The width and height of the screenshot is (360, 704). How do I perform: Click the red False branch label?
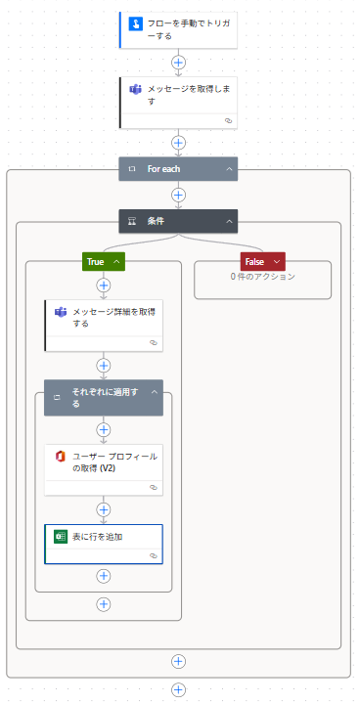click(x=254, y=261)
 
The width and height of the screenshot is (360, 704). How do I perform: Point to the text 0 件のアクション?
click(x=262, y=277)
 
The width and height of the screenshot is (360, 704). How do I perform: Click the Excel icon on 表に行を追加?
click(x=60, y=537)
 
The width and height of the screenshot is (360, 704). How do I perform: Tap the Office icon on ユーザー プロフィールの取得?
click(x=60, y=457)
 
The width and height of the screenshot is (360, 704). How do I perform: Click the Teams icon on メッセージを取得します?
click(x=135, y=89)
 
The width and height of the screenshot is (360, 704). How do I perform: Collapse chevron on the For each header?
click(x=229, y=169)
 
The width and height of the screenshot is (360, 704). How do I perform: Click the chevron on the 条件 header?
click(x=229, y=221)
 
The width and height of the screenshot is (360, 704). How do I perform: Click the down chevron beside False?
click(x=277, y=261)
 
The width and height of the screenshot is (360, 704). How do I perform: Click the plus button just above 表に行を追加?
click(x=104, y=508)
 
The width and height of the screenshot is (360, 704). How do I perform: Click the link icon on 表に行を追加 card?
click(x=154, y=555)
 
